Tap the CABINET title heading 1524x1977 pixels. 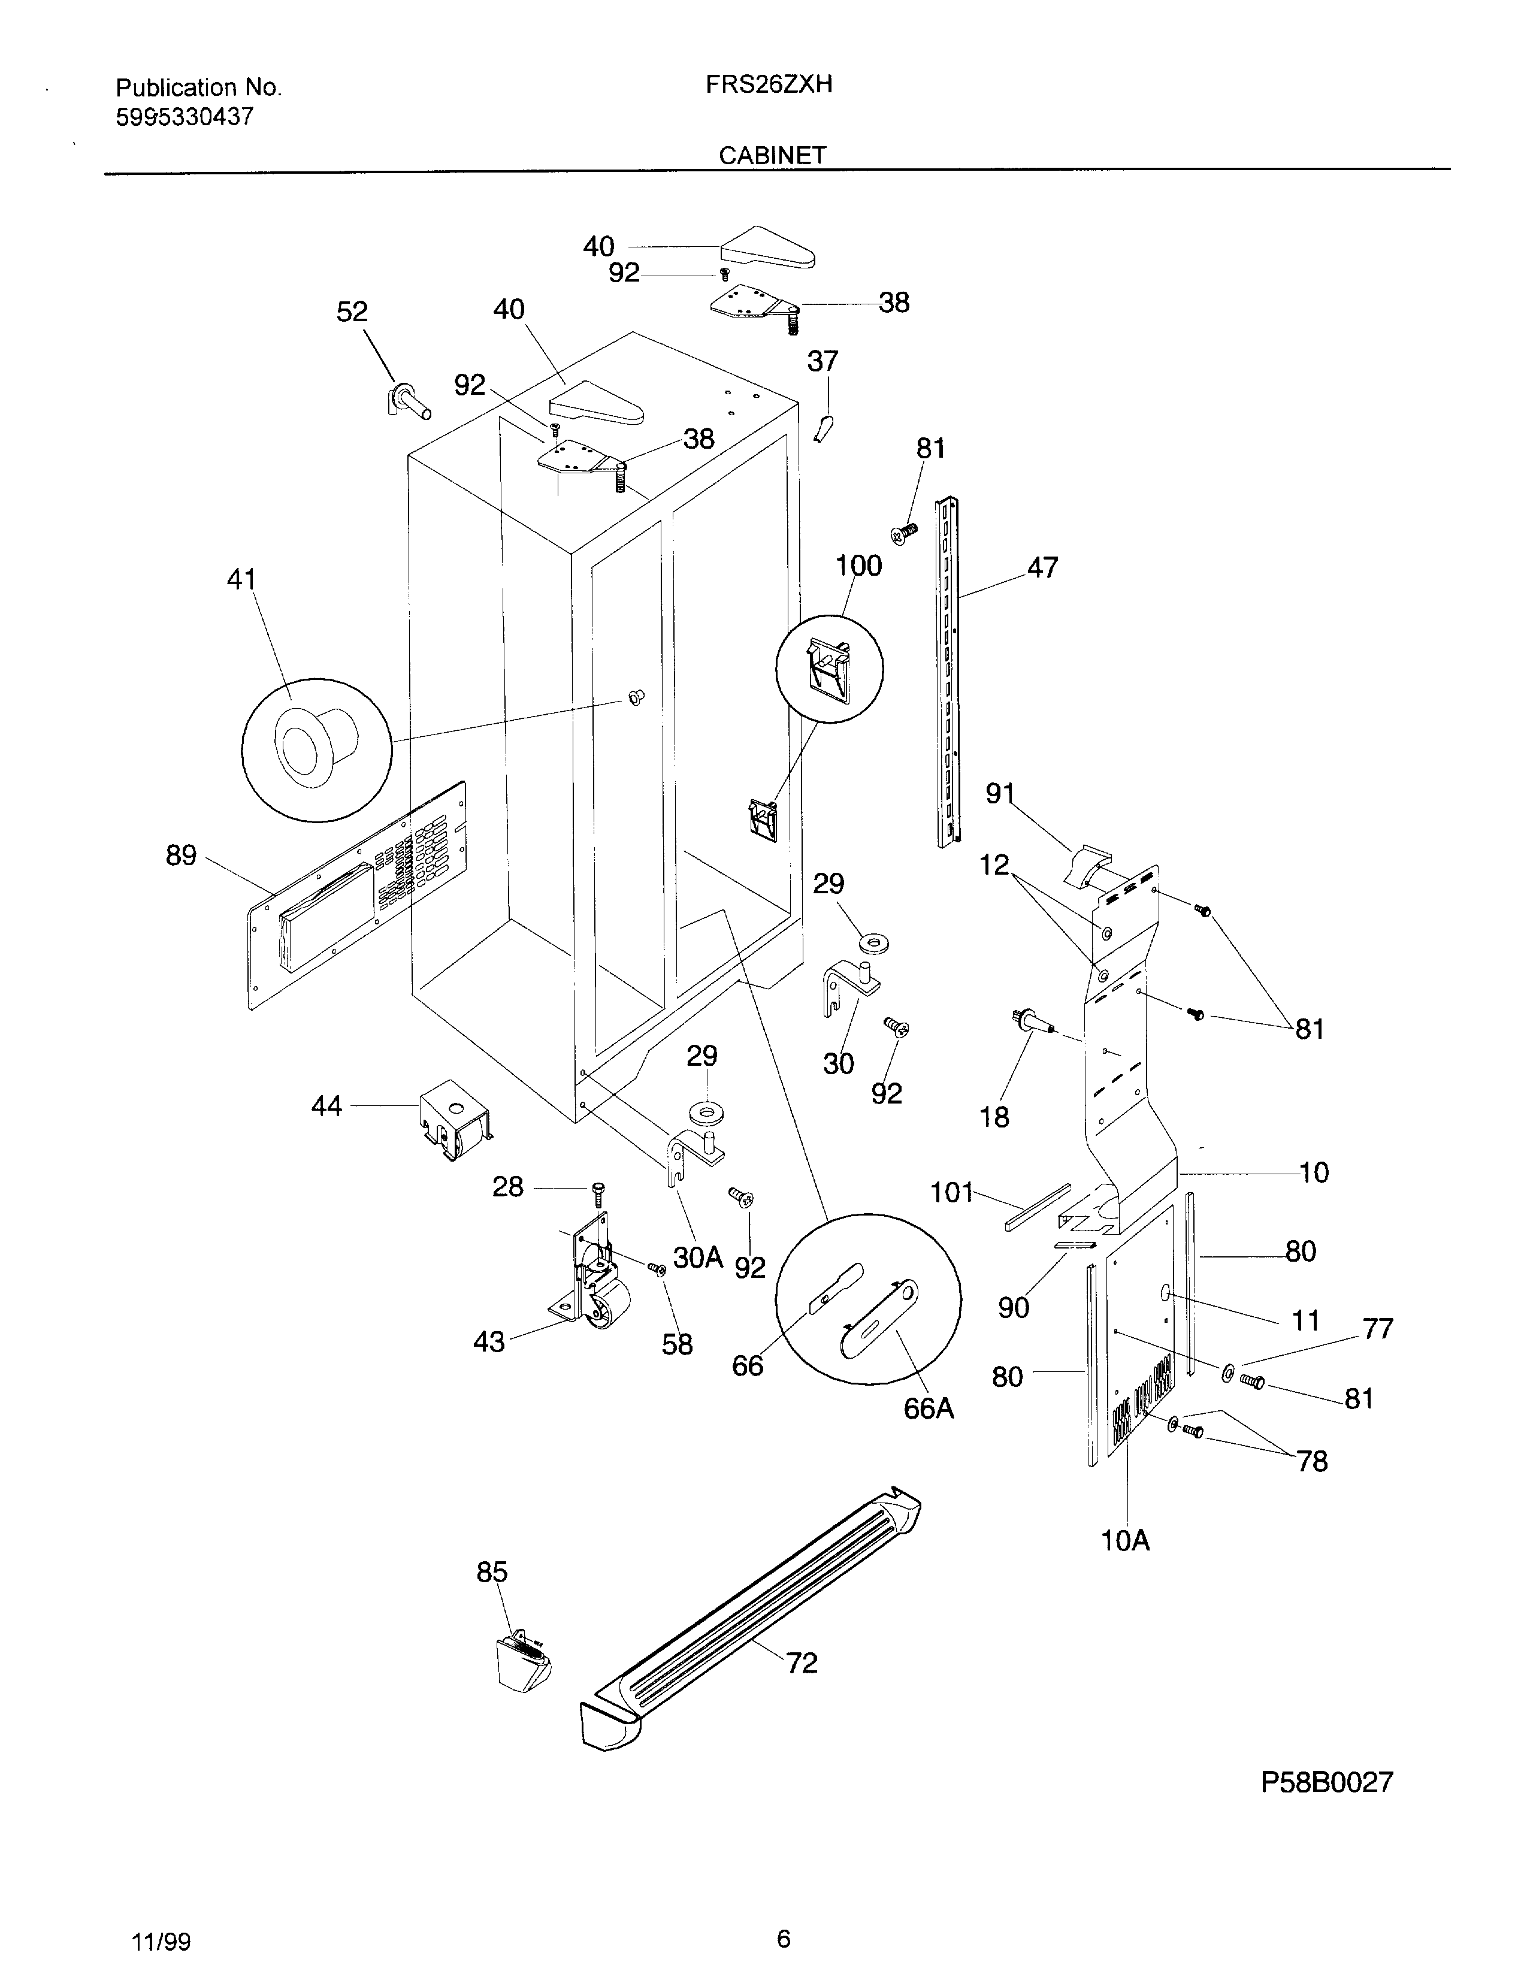(772, 156)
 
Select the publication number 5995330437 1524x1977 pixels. (185, 117)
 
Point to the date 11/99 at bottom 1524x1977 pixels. (161, 1943)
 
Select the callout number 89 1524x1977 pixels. (181, 856)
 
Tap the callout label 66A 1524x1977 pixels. (929, 1410)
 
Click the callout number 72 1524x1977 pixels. (801, 1663)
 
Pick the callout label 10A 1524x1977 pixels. (1125, 1541)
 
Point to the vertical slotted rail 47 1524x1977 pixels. (947, 670)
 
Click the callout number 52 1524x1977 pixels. (352, 312)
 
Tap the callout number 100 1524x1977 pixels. (857, 566)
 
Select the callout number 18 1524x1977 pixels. (994, 1117)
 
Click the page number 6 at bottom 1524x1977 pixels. (784, 1939)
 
